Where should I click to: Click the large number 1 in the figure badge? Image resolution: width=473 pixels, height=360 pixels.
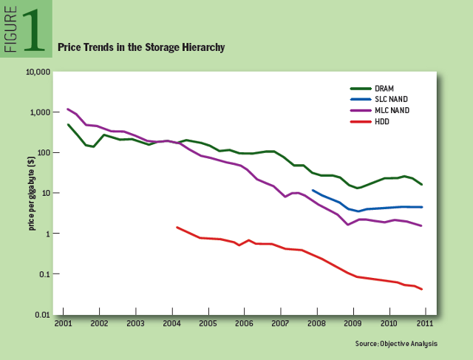pos(33,30)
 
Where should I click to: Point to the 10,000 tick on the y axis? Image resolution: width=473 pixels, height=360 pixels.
pos(38,72)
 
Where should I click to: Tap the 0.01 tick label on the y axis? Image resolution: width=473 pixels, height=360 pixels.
pos(41,316)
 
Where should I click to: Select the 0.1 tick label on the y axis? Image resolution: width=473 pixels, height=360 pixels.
pos(44,275)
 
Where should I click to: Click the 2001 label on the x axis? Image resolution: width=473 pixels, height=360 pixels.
pos(63,324)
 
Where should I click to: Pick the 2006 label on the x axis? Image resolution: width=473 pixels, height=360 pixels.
pos(243,324)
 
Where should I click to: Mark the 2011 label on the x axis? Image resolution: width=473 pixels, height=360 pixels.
pos(424,324)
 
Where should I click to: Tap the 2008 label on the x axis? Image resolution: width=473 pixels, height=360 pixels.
pos(316,324)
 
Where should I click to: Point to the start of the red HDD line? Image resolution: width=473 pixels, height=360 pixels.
pos(177,228)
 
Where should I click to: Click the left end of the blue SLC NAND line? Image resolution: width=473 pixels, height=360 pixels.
pos(313,191)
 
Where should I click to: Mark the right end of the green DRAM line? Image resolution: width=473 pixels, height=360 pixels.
pos(421,184)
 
